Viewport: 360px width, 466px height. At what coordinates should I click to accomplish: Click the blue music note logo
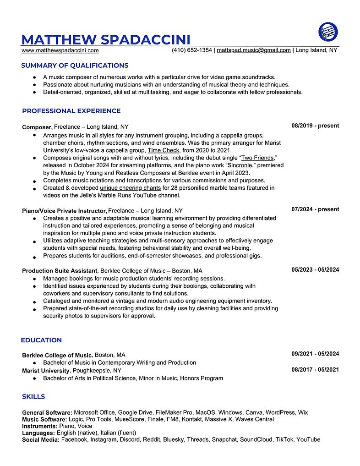328,32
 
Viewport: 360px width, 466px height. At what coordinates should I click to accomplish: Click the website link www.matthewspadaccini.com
60,50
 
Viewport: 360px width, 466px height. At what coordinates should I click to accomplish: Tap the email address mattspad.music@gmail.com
254,50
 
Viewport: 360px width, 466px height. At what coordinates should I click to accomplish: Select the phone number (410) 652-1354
191,50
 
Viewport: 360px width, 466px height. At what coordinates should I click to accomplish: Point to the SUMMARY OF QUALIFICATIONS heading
75,66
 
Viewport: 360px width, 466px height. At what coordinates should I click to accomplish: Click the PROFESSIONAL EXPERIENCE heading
71,111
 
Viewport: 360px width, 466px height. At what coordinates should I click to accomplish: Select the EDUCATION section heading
41,340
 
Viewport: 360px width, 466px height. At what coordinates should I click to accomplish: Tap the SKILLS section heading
33,396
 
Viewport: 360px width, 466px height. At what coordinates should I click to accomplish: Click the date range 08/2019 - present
315,126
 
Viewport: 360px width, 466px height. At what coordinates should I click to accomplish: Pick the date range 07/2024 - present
315,209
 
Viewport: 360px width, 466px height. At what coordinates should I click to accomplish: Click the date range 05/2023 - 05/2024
315,270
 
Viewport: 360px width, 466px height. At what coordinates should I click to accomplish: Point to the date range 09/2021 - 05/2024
315,354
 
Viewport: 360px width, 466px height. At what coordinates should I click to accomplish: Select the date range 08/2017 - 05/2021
315,369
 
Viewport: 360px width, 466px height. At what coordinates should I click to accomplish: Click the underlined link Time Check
164,150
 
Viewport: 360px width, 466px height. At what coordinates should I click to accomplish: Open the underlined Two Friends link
257,158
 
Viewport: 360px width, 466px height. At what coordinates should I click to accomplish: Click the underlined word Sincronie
240,165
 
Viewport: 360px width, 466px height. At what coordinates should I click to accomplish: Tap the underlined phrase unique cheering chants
130,188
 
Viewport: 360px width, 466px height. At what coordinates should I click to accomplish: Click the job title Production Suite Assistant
60,271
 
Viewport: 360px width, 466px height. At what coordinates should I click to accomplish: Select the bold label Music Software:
45,419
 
